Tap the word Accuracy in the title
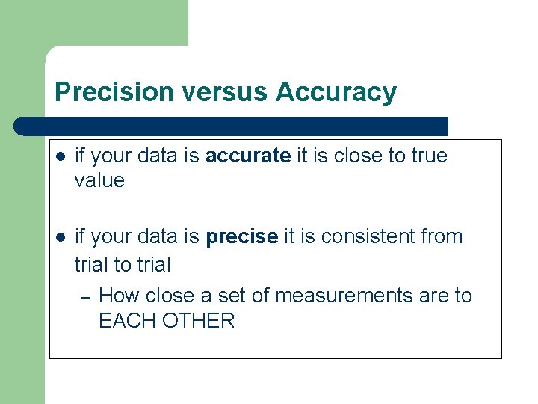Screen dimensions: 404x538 336,92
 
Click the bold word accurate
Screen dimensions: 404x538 248,156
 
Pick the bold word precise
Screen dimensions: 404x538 242,236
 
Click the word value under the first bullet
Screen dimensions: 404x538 99,180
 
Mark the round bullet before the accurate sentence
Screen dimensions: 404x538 61,156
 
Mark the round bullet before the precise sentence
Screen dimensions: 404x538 61,237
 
